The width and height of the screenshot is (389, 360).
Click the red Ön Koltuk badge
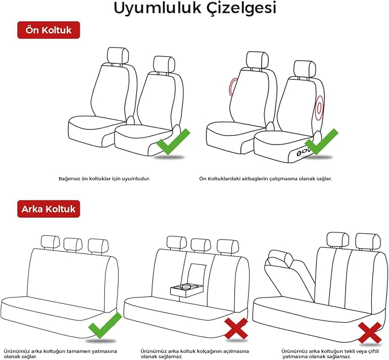point(49,30)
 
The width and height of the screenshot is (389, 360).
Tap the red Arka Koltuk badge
point(49,209)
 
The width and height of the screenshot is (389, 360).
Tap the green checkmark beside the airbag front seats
point(321,142)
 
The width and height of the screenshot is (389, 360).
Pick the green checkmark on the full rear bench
point(105,326)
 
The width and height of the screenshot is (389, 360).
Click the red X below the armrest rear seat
point(236,328)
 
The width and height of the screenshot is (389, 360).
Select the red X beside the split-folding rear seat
point(370,332)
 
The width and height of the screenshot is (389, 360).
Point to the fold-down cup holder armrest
point(187,290)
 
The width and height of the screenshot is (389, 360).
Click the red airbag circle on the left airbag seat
point(233,87)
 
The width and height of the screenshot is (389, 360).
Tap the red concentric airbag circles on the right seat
point(319,108)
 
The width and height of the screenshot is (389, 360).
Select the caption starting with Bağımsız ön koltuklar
point(104,178)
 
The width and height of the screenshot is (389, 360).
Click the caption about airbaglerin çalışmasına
point(265,178)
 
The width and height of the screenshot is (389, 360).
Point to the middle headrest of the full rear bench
point(73,245)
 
